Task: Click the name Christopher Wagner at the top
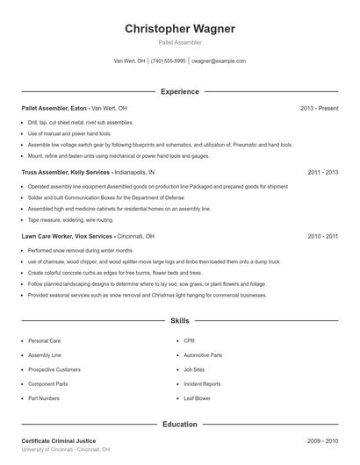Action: pos(180,28)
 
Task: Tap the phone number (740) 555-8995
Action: pos(168,61)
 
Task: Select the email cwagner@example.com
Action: pos(219,61)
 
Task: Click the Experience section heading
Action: pos(180,91)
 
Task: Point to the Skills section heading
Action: pos(180,322)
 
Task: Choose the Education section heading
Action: pos(180,425)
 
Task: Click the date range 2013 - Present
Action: pos(319,108)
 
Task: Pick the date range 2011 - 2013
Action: pos(323,173)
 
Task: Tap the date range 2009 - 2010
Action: pos(323,440)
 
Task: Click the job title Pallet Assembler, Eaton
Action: pos(54,108)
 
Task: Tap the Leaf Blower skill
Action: pos(197,398)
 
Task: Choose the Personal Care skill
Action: pos(44,340)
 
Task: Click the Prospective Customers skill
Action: pos(54,369)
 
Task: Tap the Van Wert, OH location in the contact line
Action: pos(129,61)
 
